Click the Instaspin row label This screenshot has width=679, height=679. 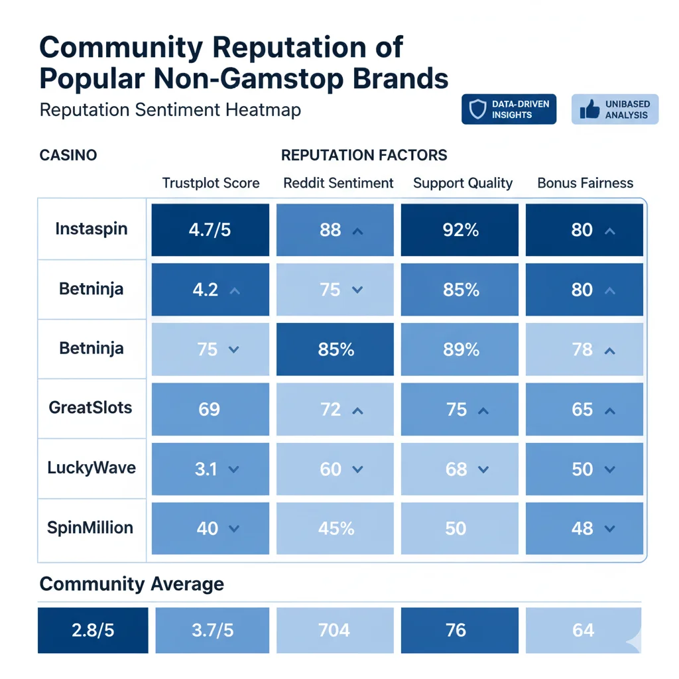(92, 230)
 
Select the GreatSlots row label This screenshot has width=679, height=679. (91, 407)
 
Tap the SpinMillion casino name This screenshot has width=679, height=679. (90, 528)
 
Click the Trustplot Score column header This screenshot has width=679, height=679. (211, 184)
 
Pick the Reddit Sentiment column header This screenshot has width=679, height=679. (338, 184)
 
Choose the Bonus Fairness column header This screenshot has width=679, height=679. (585, 184)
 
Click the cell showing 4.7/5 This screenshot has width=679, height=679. (210, 230)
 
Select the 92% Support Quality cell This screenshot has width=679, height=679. (460, 230)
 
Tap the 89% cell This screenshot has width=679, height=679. (460, 349)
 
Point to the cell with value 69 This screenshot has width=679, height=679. (210, 409)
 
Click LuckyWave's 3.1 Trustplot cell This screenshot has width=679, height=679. (210, 469)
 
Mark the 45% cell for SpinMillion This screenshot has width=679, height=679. (336, 529)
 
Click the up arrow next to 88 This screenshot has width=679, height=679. (358, 231)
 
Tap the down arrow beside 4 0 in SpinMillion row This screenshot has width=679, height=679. (233, 530)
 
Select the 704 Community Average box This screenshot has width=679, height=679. (334, 630)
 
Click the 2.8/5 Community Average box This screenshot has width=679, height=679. (93, 630)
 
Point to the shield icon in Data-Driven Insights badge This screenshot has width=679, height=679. (477, 110)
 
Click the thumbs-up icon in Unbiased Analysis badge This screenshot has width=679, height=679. (589, 110)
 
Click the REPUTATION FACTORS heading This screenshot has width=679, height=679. (364, 156)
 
